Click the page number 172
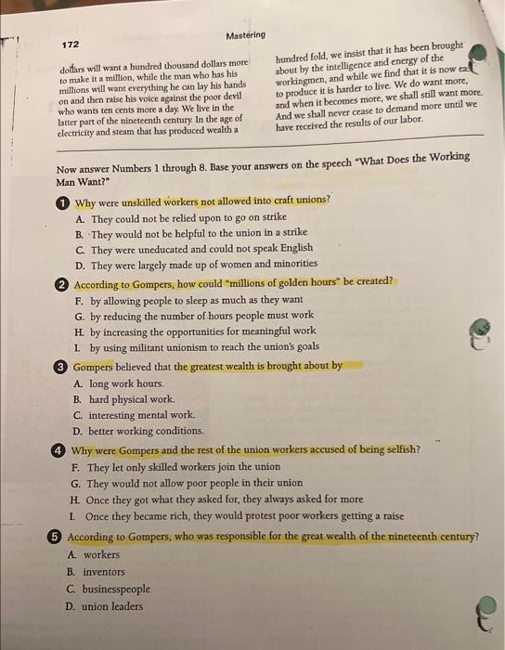(71, 45)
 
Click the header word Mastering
(245, 35)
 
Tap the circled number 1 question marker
(62, 202)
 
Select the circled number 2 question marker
(61, 282)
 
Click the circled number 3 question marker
(60, 366)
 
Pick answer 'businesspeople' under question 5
(116, 589)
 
